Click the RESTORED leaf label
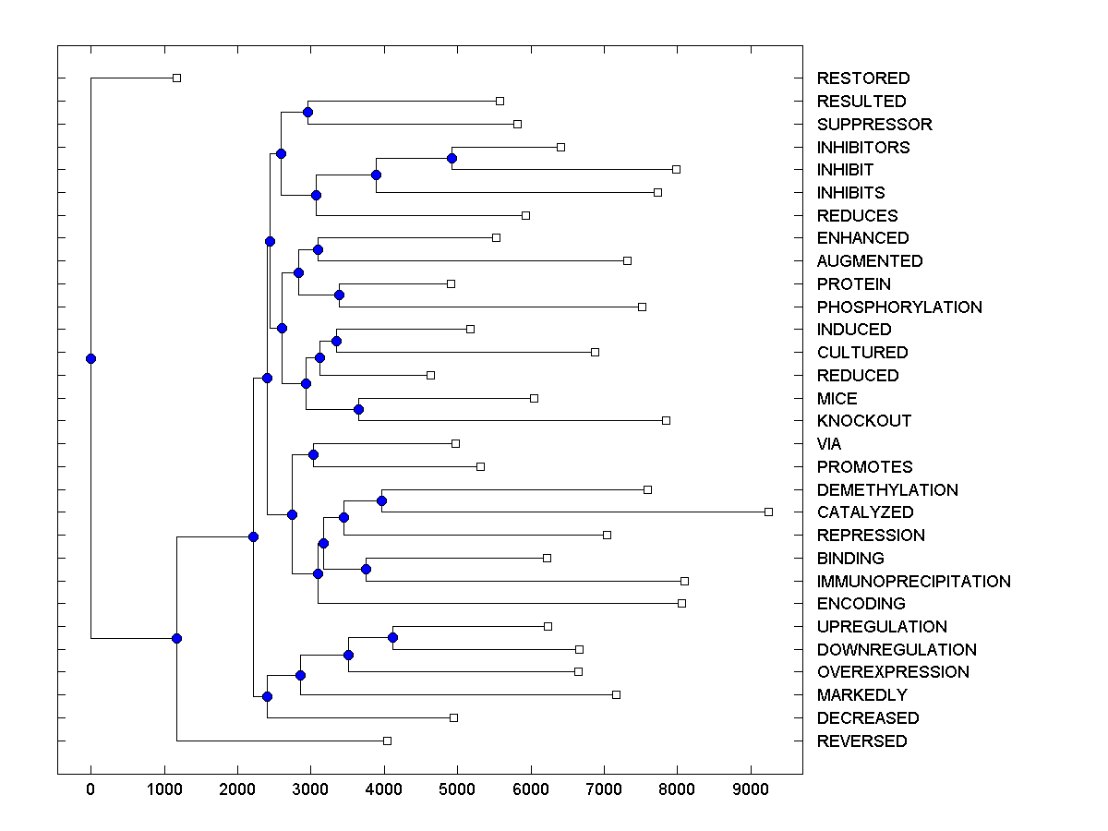point(862,78)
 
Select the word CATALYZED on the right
point(864,512)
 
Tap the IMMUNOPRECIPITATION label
point(913,582)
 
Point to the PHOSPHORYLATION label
point(898,307)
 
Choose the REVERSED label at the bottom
point(861,741)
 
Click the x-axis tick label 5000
point(457,790)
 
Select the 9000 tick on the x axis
point(750,790)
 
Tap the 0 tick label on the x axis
point(90,790)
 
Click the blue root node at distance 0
point(90,358)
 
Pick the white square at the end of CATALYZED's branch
point(768,512)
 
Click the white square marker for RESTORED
point(177,78)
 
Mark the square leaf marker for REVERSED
point(387,741)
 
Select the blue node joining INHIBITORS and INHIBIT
point(452,158)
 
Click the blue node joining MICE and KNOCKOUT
point(359,409)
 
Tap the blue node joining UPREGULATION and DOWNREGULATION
point(392,637)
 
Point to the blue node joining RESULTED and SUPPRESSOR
point(307,112)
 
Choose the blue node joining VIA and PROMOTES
point(313,454)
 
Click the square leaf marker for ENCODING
point(681,603)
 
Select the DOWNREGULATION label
point(896,650)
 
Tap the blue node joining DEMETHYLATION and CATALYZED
point(381,500)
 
